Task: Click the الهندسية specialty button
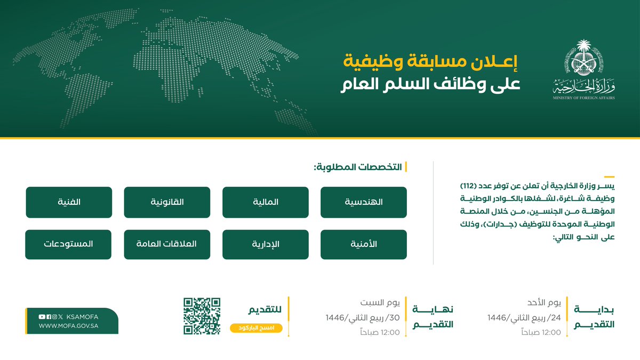pos(363,202)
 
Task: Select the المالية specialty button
pos(266,202)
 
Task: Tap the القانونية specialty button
pos(167,202)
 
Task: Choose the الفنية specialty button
pos(69,202)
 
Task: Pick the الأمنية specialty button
pos(363,245)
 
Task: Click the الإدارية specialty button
pos(266,245)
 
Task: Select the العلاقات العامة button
pos(167,245)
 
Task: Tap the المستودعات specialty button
pos(68,245)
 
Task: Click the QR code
pos(202,316)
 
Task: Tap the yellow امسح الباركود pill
pos(257,328)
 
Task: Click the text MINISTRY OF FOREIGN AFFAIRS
pos(583,98)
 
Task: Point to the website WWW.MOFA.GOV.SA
pos(69,326)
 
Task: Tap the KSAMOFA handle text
pos(82,317)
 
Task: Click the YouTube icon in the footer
pos(42,317)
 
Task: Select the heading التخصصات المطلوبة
pos(358,167)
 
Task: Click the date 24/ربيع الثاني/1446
pos(524,318)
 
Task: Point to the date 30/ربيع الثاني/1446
pos(363,318)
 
